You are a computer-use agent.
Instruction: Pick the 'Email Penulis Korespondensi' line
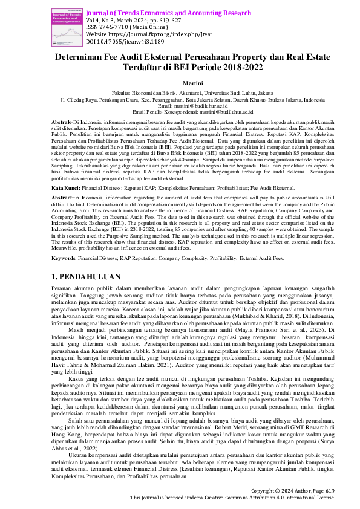180,112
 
